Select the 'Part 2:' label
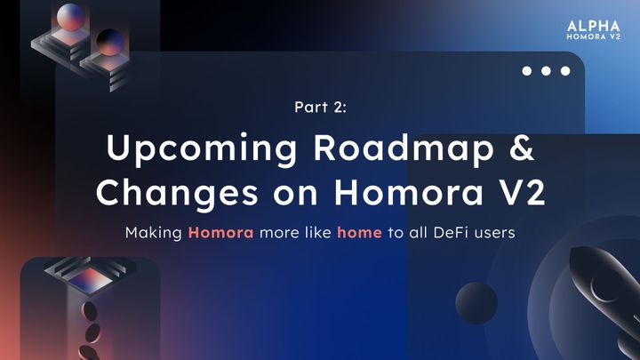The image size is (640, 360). click(x=319, y=107)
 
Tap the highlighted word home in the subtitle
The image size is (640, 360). click(x=358, y=233)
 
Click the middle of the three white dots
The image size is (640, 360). click(x=545, y=71)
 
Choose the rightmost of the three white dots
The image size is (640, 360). click(x=563, y=71)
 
